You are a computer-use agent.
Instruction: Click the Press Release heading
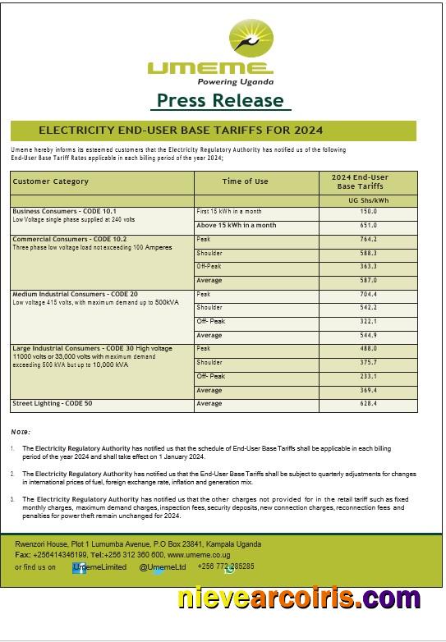220,101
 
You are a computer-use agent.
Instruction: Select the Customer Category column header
51,181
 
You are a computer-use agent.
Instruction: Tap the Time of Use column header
245,181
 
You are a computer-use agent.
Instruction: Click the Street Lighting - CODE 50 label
52,404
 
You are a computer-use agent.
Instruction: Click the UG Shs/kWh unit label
368,199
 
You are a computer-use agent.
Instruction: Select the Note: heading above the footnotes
21,432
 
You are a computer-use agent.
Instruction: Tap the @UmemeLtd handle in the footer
162,566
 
